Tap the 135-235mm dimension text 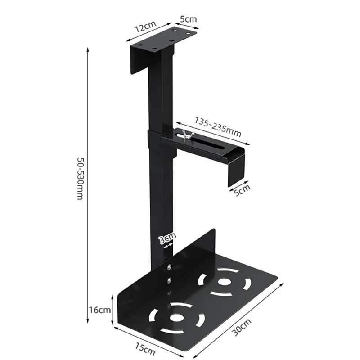218,127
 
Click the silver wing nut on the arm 185,134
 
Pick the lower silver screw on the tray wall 169,280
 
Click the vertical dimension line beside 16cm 112,310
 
